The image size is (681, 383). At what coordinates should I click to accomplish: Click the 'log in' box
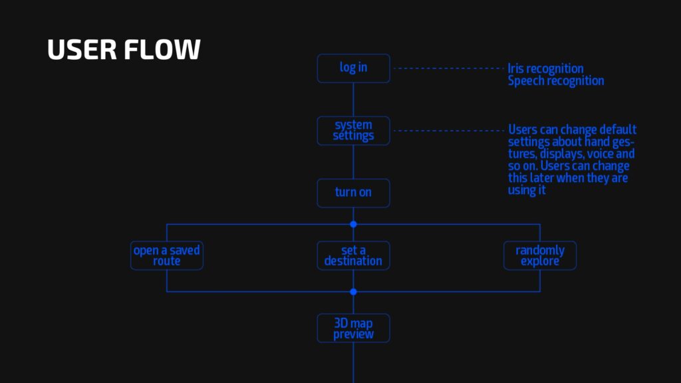[353, 68]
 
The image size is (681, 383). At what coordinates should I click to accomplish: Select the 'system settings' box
[353, 131]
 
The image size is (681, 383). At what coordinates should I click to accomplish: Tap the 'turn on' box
[353, 193]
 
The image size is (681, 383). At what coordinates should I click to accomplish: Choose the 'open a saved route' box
[167, 255]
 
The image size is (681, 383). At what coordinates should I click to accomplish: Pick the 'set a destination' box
[353, 255]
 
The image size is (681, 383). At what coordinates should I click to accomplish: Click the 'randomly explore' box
[540, 255]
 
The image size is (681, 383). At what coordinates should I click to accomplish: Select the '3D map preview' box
[353, 328]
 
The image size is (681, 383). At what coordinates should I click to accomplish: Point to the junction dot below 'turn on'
[353, 224]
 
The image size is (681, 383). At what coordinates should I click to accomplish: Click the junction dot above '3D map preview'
[353, 292]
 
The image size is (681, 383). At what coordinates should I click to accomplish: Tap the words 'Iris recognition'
[545, 68]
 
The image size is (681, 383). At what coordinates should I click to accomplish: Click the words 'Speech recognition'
[556, 80]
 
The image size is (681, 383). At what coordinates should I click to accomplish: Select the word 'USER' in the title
[82, 49]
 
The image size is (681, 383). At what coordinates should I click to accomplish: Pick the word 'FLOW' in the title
[162, 49]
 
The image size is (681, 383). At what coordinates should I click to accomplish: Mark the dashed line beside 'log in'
[448, 68]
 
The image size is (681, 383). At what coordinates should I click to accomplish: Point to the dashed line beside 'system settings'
[448, 131]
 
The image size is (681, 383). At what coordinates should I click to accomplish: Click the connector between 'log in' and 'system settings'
[353, 100]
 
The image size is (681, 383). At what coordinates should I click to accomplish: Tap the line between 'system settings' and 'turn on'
[353, 162]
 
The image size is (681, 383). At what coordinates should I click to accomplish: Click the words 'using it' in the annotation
[527, 190]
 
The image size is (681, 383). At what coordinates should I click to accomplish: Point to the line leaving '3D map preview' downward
[353, 362]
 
